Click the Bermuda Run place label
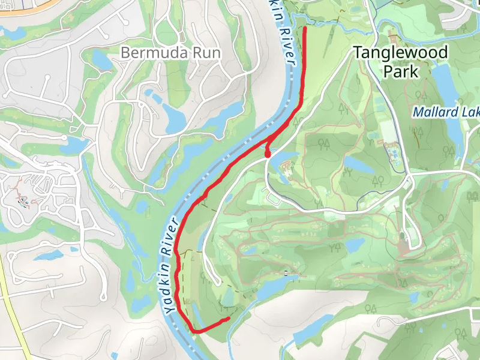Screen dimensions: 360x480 click(x=170, y=53)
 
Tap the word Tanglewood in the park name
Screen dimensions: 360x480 click(x=400, y=53)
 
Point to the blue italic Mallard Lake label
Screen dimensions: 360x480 click(x=447, y=112)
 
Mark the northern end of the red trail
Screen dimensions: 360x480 click(x=305, y=28)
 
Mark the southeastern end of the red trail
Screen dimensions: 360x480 click(x=228, y=319)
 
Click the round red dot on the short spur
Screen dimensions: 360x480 click(x=268, y=155)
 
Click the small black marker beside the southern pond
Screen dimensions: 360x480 click(x=287, y=274)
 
